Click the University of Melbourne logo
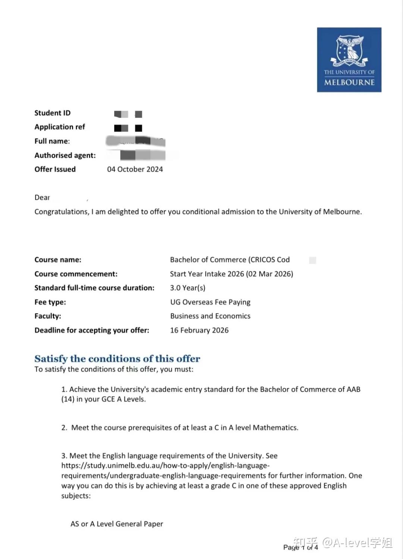(349, 60)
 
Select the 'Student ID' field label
(52, 113)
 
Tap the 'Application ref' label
(60, 127)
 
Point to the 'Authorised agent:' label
(65, 155)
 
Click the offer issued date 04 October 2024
(135, 169)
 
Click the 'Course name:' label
(58, 260)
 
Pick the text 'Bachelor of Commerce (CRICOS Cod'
(229, 260)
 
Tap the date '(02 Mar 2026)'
(269, 274)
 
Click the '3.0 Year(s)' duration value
(187, 288)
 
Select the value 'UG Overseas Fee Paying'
(210, 302)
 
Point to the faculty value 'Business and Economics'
(210, 316)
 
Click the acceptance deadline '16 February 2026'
(199, 330)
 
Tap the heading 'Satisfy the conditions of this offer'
(117, 359)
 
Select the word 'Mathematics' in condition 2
(275, 428)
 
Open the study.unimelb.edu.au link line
(165, 466)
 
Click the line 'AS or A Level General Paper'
(117, 524)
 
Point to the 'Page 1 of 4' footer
(300, 547)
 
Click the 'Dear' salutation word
(42, 198)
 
